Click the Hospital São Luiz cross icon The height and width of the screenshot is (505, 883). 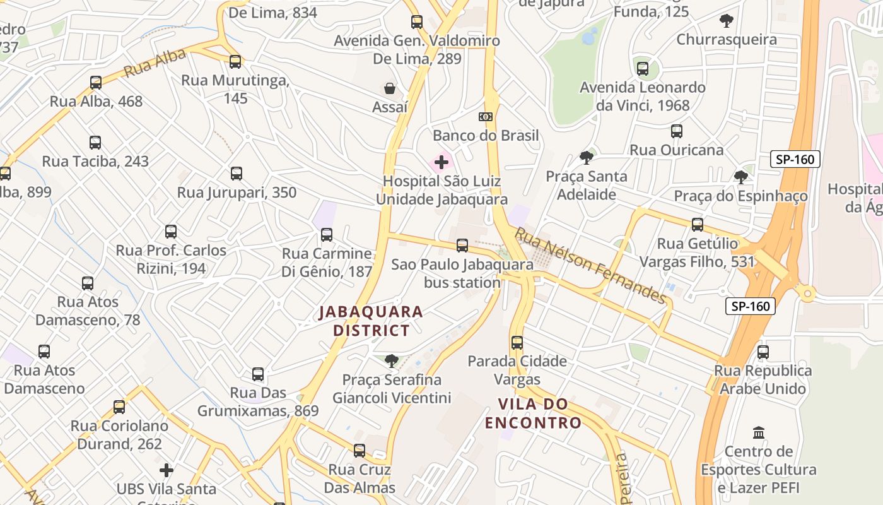coord(441,162)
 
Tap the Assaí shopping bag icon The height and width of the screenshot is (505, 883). coord(390,88)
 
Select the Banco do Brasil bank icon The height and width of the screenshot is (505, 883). coord(485,117)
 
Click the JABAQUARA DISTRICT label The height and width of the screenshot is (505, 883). coord(371,321)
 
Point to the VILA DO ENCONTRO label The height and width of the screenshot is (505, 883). coord(533,413)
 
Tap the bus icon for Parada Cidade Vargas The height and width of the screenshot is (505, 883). coord(517,343)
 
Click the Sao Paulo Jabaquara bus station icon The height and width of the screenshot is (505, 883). coord(462,246)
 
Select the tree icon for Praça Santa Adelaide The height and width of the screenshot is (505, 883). coord(587,158)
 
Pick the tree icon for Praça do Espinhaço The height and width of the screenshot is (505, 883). coord(740,177)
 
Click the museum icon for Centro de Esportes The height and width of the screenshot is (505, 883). coord(759,433)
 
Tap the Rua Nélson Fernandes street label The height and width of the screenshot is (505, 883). coord(590,265)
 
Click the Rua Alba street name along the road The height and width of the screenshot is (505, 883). coord(155,63)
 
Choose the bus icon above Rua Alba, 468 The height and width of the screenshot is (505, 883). coord(96,83)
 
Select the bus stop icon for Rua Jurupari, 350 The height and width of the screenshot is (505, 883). coord(237,174)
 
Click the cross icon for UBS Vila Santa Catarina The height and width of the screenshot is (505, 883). coord(167,470)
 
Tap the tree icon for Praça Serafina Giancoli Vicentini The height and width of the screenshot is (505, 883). coord(392,361)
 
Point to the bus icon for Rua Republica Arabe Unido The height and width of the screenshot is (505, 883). coord(763,352)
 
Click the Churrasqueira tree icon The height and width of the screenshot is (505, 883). coord(727,21)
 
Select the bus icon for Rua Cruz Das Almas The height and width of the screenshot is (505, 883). coord(360,451)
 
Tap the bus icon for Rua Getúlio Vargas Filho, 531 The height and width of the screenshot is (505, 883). coord(698,225)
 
